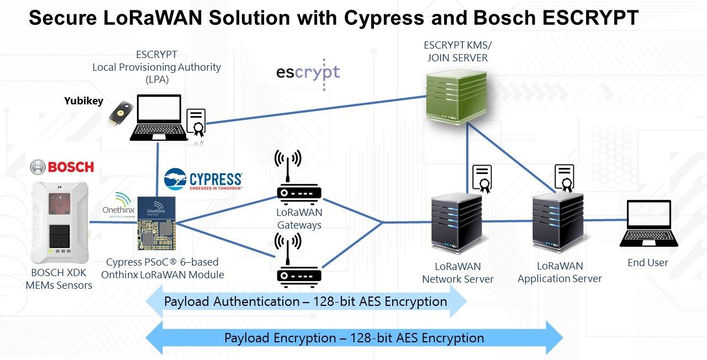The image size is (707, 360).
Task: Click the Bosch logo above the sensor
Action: tap(62, 166)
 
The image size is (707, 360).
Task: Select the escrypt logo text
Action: tap(308, 72)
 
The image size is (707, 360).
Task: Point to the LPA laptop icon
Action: tap(158, 118)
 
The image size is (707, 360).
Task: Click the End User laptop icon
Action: tap(648, 226)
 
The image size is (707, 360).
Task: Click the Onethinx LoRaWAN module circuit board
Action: tap(156, 224)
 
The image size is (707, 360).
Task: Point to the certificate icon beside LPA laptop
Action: tap(196, 123)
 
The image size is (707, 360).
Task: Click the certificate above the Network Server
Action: tap(482, 178)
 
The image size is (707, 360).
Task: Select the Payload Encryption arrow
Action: tap(353, 338)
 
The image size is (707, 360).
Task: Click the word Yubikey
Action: tap(83, 101)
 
